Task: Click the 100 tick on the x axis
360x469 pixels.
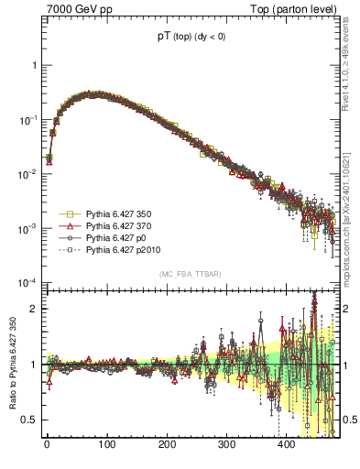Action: [106, 446]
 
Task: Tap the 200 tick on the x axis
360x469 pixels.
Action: [166, 446]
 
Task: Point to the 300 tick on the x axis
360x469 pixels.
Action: [226, 446]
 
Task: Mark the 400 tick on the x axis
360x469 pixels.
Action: [286, 446]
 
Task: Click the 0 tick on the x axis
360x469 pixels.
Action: [47, 446]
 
